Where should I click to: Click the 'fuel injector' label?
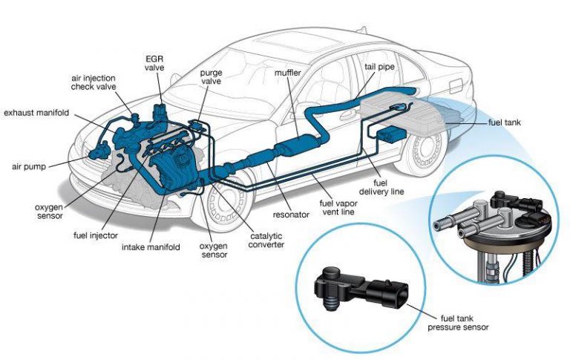(94, 235)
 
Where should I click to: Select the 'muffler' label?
(287, 73)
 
